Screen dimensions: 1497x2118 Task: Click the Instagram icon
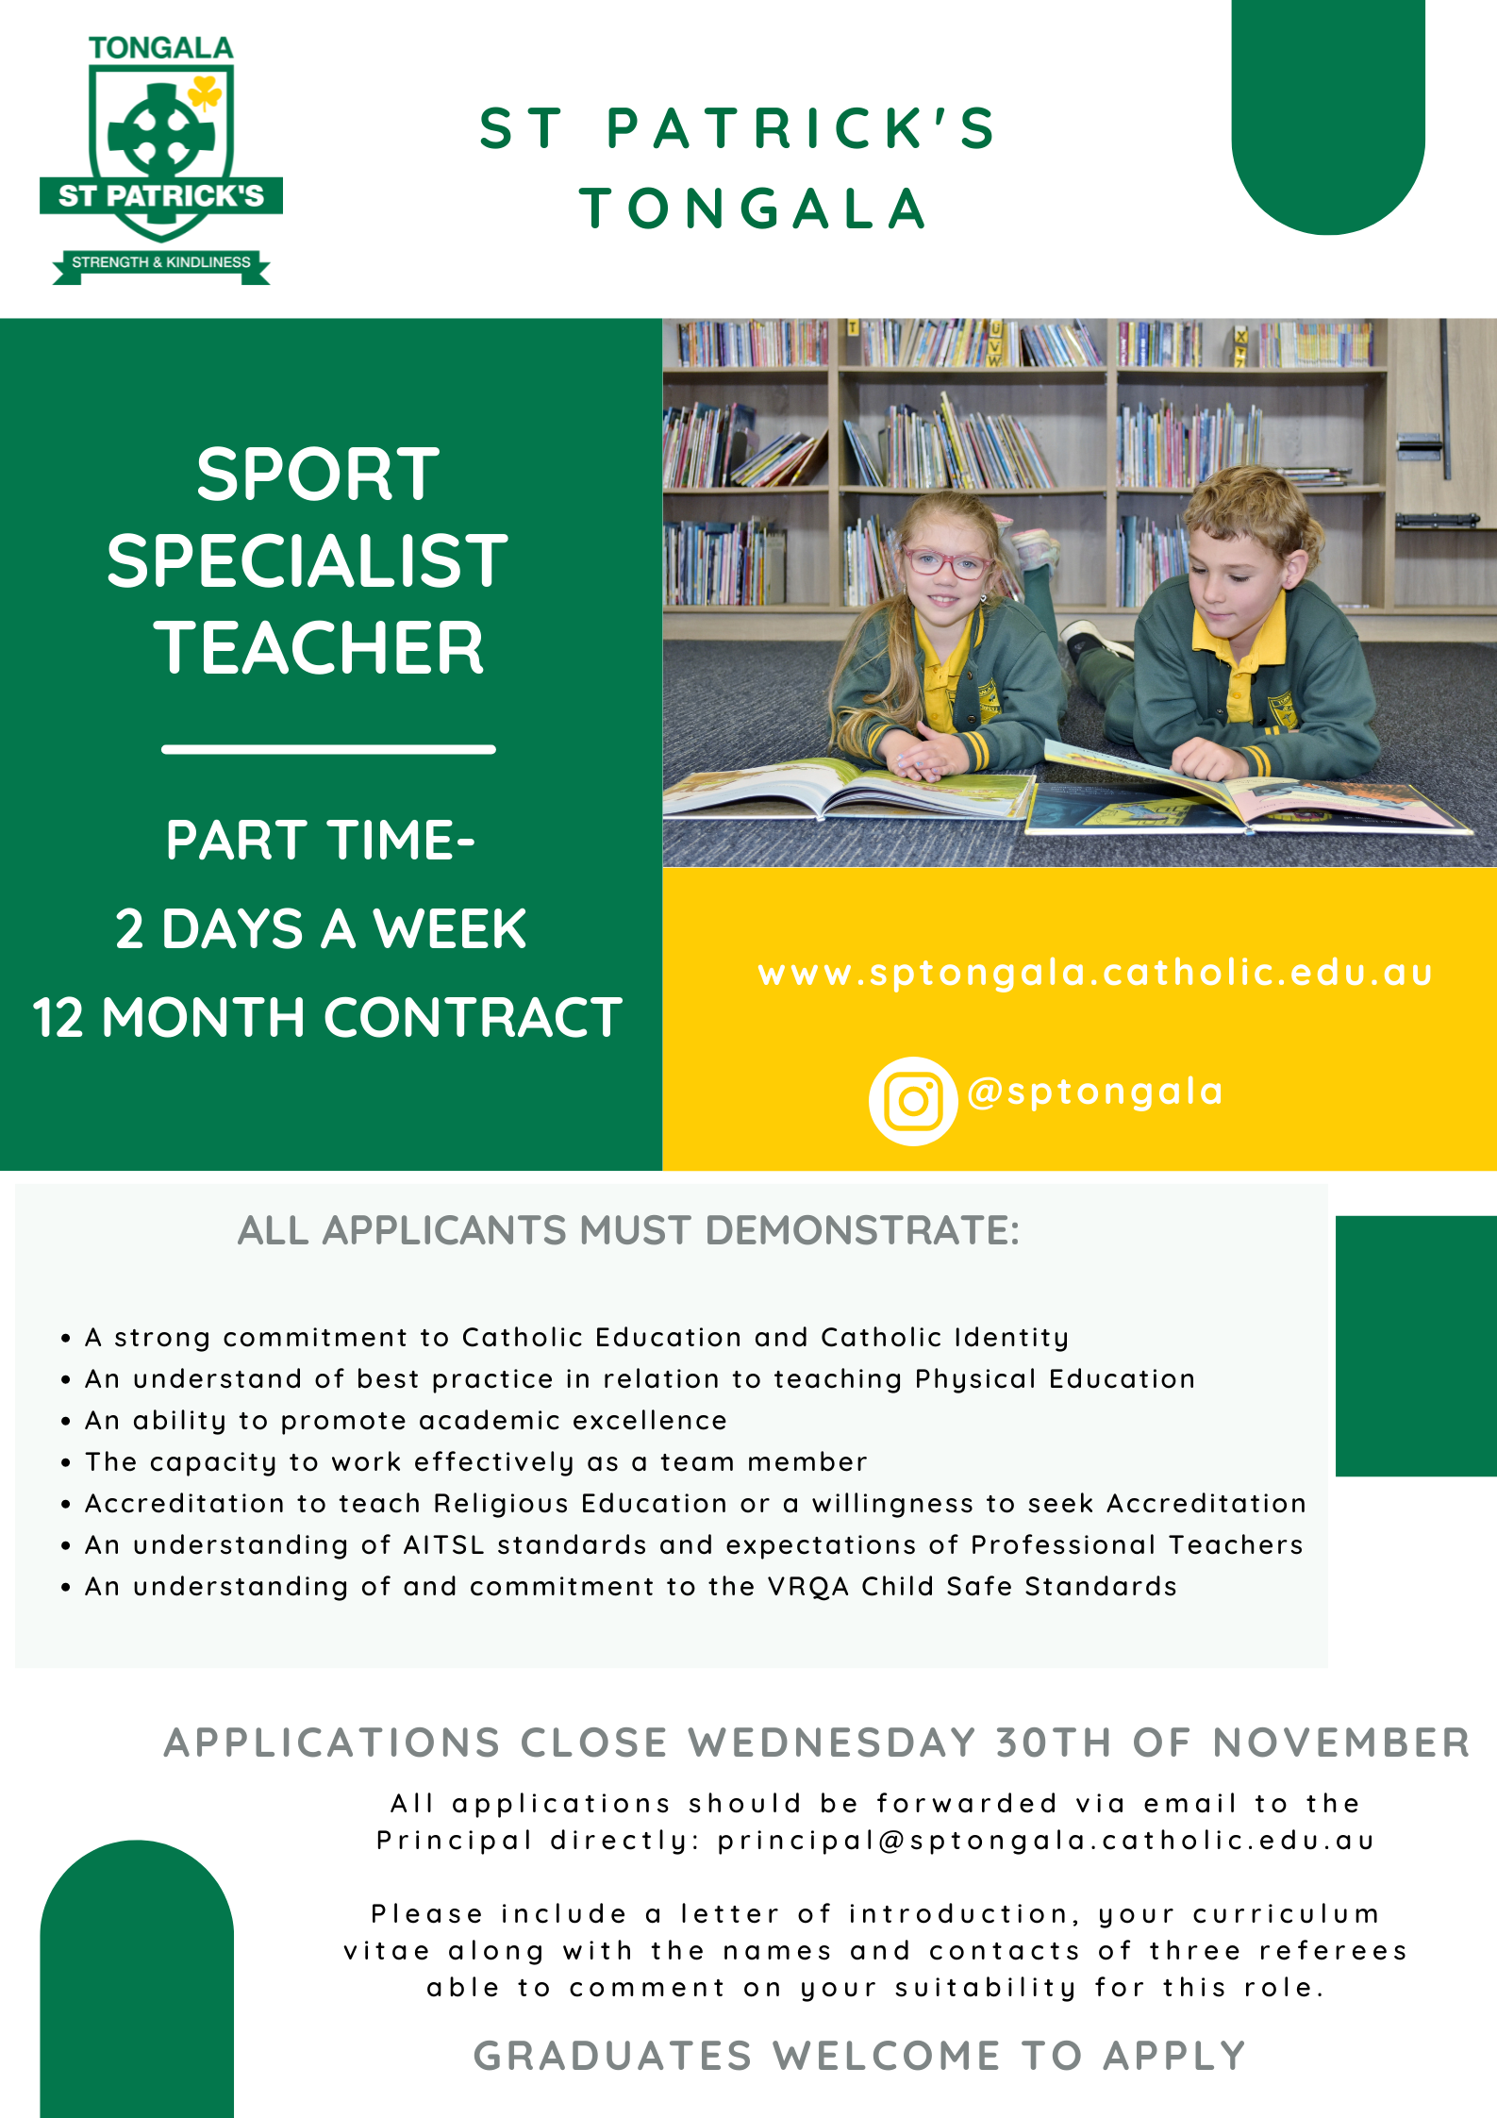tap(913, 1101)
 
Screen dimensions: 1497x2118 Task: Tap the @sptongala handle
tap(1095, 1092)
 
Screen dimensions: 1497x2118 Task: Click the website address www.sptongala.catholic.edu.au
tap(1095, 973)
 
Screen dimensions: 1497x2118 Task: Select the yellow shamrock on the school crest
tap(205, 93)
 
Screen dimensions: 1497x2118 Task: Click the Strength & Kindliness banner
tap(161, 263)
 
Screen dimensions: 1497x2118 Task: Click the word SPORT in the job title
tap(318, 474)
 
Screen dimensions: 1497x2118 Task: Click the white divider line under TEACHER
tap(328, 750)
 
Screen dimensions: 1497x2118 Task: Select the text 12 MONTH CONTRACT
tap(327, 1017)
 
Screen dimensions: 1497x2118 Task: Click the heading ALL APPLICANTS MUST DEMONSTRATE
tap(628, 1230)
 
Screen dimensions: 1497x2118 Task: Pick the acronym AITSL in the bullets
tap(443, 1544)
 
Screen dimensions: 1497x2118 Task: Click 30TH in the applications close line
tap(1054, 1743)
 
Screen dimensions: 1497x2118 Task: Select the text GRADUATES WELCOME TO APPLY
tap(859, 2056)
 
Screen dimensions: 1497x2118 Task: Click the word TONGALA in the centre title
tap(753, 208)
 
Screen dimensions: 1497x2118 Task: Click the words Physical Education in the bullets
tap(1055, 1379)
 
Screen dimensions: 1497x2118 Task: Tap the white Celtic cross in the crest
tap(161, 133)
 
